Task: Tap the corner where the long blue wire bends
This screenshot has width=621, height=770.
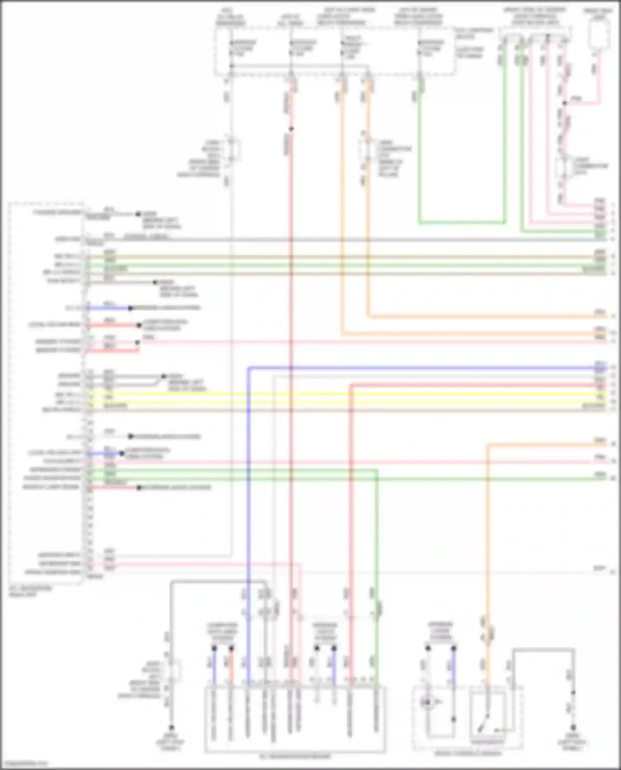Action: [x=249, y=368]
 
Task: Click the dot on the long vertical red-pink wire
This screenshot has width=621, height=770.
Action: [x=291, y=129]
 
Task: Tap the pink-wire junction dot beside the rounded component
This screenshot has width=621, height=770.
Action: [x=565, y=103]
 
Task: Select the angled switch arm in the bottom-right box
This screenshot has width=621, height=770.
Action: [x=484, y=722]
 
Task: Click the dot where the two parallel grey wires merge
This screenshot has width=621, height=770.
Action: [x=164, y=376]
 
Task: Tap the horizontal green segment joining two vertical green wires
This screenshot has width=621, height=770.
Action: [x=462, y=223]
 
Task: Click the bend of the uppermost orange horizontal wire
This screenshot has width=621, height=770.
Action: [x=368, y=317]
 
